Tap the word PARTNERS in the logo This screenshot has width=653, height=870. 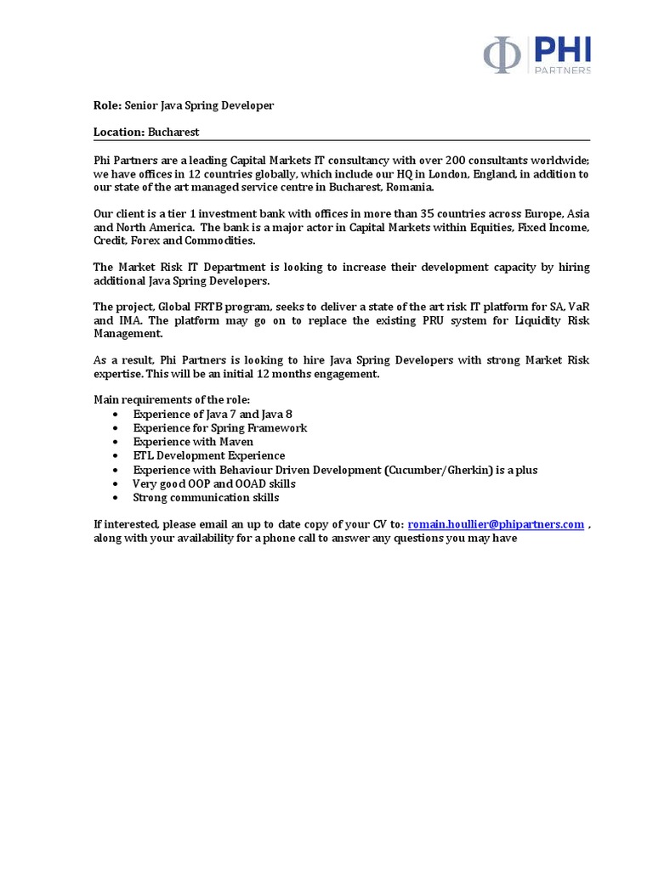(x=563, y=71)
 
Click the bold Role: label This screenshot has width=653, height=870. (x=107, y=105)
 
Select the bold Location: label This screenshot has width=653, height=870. (x=119, y=133)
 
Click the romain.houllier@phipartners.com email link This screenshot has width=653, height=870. (x=496, y=524)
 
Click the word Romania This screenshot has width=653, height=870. (x=411, y=187)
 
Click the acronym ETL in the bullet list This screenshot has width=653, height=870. (x=143, y=455)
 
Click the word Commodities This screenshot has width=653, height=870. (x=200, y=241)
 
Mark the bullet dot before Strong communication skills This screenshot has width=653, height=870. (x=115, y=498)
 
